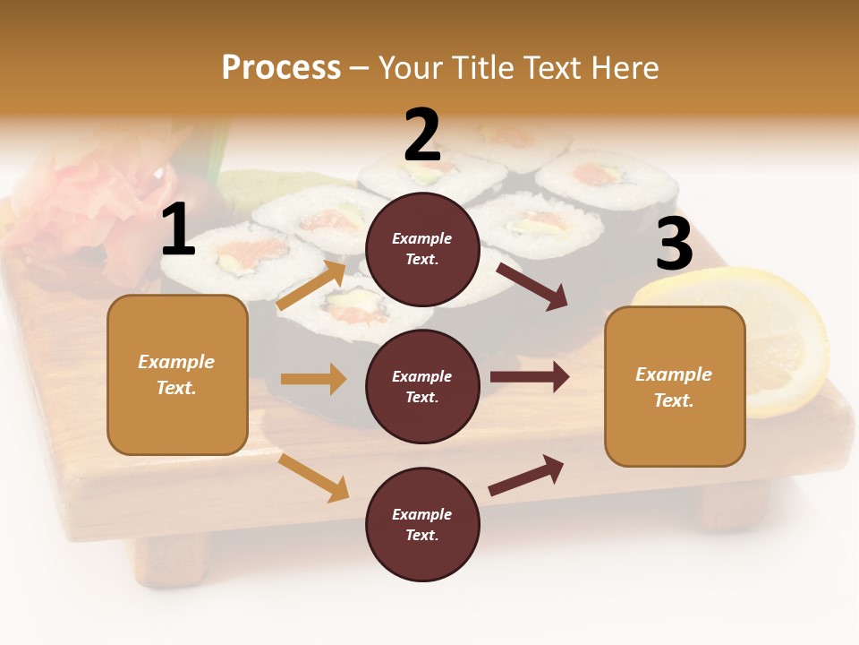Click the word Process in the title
pos(281,68)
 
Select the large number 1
pos(178,230)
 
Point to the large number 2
pos(422,135)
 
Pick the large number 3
pos(674,244)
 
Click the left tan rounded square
pos(177,374)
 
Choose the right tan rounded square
pos(675,386)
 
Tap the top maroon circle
pos(422,248)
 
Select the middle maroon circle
pos(422,386)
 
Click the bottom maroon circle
pos(422,524)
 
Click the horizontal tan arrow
pos(313,379)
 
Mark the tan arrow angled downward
pos(314,477)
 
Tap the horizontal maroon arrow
pos(530,377)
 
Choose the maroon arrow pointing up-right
pos(526,475)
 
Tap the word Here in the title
pos(625,68)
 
